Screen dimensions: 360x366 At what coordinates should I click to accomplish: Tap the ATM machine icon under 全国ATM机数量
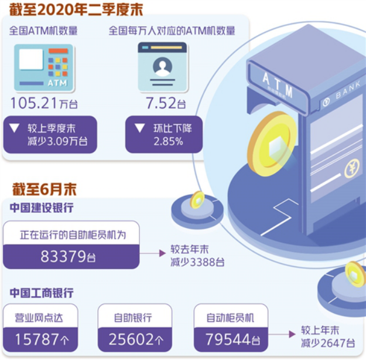click(x=44, y=67)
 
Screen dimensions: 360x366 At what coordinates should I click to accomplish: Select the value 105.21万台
click(x=44, y=103)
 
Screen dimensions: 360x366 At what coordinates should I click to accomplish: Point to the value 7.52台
click(x=160, y=103)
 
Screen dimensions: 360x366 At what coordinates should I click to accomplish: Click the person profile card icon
click(x=162, y=67)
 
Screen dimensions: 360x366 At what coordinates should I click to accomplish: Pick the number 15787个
click(x=41, y=339)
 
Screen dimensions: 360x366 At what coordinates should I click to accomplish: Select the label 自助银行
click(x=133, y=317)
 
